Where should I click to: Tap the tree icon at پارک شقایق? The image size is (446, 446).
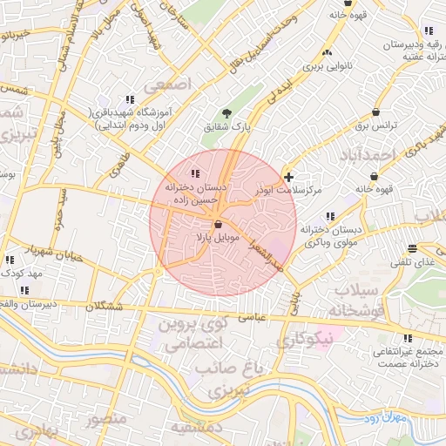pos(227,113)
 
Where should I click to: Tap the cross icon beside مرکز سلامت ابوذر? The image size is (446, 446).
pos(289,177)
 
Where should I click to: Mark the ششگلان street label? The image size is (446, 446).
pos(105,306)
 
